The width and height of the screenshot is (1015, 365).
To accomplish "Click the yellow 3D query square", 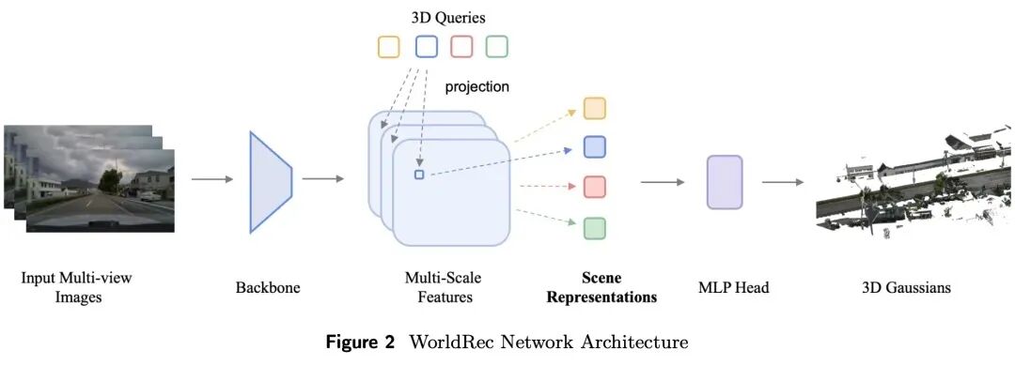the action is pyautogui.click(x=389, y=47).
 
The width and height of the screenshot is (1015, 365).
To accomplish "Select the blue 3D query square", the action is pyautogui.click(x=427, y=47).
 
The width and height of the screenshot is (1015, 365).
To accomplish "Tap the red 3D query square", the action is pyautogui.click(x=461, y=47).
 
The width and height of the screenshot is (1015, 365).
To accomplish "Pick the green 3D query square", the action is pyautogui.click(x=497, y=47).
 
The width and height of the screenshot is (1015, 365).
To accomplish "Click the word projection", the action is pyautogui.click(x=477, y=86).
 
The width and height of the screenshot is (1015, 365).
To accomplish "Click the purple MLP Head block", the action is pyautogui.click(x=725, y=182).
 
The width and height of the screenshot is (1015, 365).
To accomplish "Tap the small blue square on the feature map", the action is pyautogui.click(x=419, y=175).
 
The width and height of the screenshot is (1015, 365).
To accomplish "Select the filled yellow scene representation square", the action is pyautogui.click(x=594, y=109).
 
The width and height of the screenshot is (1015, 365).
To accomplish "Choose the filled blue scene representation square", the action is pyautogui.click(x=594, y=146).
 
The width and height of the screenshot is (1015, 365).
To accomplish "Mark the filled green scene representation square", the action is pyautogui.click(x=594, y=229).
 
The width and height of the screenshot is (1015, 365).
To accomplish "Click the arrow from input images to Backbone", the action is pyautogui.click(x=211, y=179).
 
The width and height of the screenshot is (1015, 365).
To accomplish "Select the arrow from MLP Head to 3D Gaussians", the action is pyautogui.click(x=783, y=182).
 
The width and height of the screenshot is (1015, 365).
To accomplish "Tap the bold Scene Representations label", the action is pyautogui.click(x=602, y=287).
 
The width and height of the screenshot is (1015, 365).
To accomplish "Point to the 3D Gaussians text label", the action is pyautogui.click(x=906, y=287).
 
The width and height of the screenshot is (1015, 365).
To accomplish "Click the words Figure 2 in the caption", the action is pyautogui.click(x=361, y=342).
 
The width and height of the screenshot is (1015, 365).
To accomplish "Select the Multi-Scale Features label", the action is pyautogui.click(x=444, y=287).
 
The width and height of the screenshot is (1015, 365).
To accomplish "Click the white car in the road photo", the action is pyautogui.click(x=150, y=196).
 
